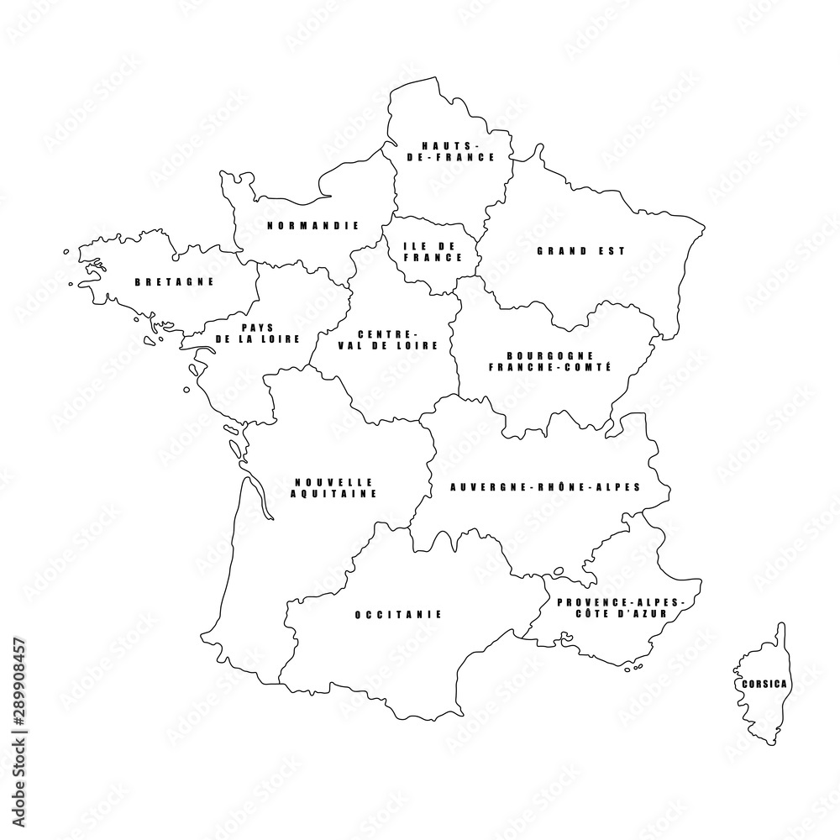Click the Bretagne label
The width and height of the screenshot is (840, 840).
(175, 282)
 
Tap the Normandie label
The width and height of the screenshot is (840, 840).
(313, 225)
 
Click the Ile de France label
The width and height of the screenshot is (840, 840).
(428, 251)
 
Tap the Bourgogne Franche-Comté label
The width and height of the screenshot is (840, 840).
(549, 361)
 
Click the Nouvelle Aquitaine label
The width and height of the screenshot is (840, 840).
(333, 488)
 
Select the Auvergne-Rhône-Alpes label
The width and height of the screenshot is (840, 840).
(546, 486)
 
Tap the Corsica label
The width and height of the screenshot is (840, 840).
(764, 684)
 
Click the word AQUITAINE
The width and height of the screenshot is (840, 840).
(333, 495)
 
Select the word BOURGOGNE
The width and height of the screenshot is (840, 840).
(549, 355)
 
